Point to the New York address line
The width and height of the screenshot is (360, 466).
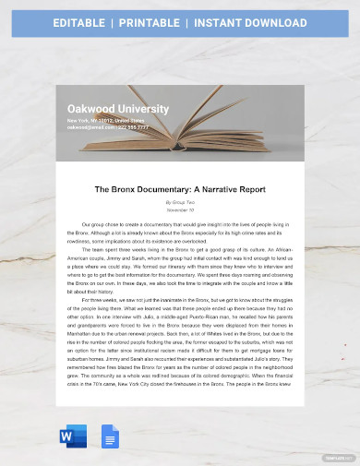[106, 121]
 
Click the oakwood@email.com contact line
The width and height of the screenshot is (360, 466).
[107, 128]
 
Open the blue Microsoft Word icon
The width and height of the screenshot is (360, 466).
[73, 436]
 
